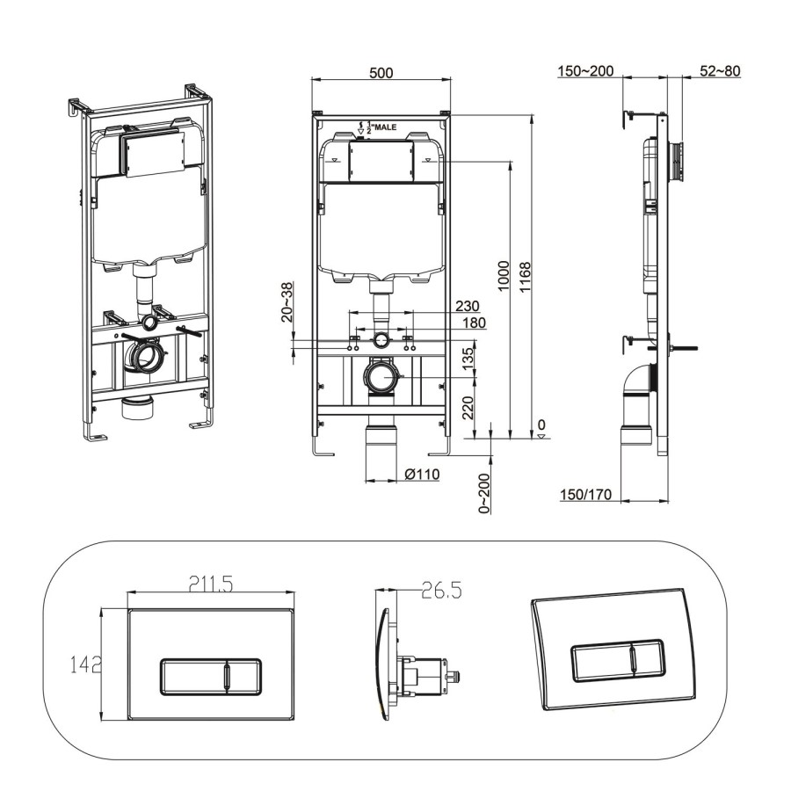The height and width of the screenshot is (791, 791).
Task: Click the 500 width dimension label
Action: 381,73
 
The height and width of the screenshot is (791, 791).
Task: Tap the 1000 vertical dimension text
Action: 503,279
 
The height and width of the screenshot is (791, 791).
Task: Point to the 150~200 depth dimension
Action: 585,71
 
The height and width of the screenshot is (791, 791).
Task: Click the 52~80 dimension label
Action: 720,71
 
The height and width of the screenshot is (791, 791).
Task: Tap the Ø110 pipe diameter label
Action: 422,475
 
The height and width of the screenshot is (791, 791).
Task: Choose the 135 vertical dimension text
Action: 468,357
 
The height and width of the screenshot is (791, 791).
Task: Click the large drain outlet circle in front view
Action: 381,380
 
